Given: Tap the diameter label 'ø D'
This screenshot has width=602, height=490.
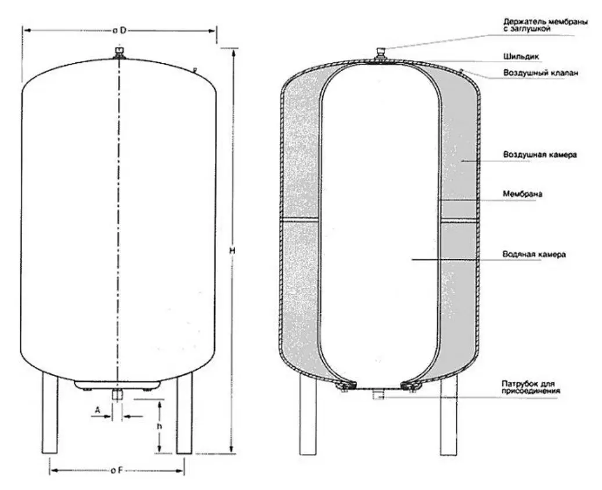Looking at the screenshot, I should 119,30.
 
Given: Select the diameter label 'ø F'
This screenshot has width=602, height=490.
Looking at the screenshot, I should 116,470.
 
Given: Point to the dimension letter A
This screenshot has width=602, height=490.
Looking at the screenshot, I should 98,410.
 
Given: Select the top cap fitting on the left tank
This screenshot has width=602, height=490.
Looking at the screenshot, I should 120,53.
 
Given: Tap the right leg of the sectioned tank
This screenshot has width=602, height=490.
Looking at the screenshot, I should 449,416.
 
